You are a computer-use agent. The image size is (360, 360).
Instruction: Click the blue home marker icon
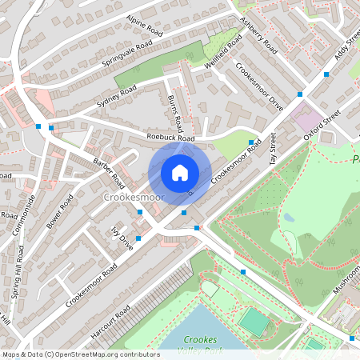tap(179, 173)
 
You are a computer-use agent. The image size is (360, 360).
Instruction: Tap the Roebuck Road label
tap(171, 138)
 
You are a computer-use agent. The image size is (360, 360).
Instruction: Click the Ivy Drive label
tap(121, 238)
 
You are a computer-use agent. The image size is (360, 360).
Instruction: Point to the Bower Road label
tap(59, 210)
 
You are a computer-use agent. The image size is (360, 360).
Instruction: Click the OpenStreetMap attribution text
tap(80, 354)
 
